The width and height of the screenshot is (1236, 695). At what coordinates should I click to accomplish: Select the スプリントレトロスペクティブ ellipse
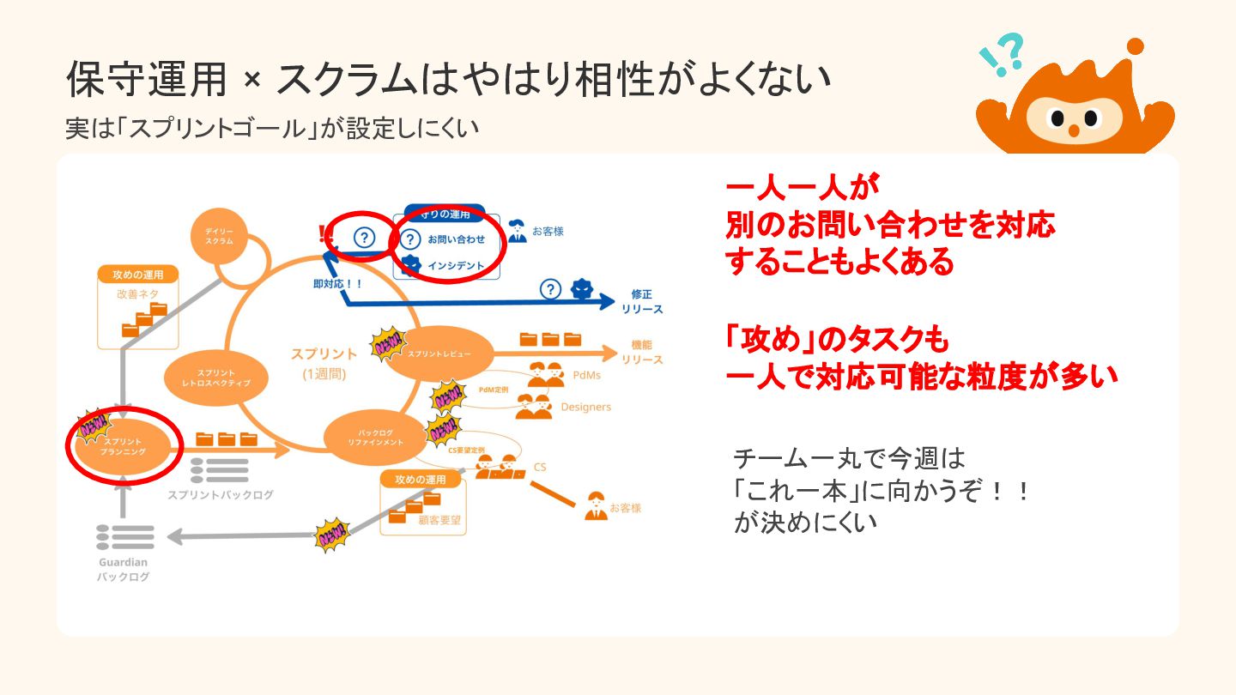tap(216, 378)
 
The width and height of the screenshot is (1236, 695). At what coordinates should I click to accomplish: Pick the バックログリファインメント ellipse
tap(375, 437)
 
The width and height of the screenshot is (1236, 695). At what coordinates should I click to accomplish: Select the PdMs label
tap(587, 375)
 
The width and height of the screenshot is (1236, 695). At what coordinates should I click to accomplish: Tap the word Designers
tap(586, 407)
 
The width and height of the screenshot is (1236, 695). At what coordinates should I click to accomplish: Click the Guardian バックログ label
tap(123, 570)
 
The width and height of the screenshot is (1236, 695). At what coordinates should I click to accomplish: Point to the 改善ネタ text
tap(137, 294)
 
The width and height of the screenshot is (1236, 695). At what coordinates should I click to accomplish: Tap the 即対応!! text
tap(338, 282)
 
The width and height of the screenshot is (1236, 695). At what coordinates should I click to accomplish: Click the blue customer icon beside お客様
tap(517, 231)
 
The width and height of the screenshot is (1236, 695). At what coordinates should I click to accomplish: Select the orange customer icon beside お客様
tap(595, 507)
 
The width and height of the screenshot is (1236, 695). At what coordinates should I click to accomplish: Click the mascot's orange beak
tap(1073, 130)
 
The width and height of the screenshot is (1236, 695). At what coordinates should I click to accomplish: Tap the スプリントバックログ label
tap(221, 495)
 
